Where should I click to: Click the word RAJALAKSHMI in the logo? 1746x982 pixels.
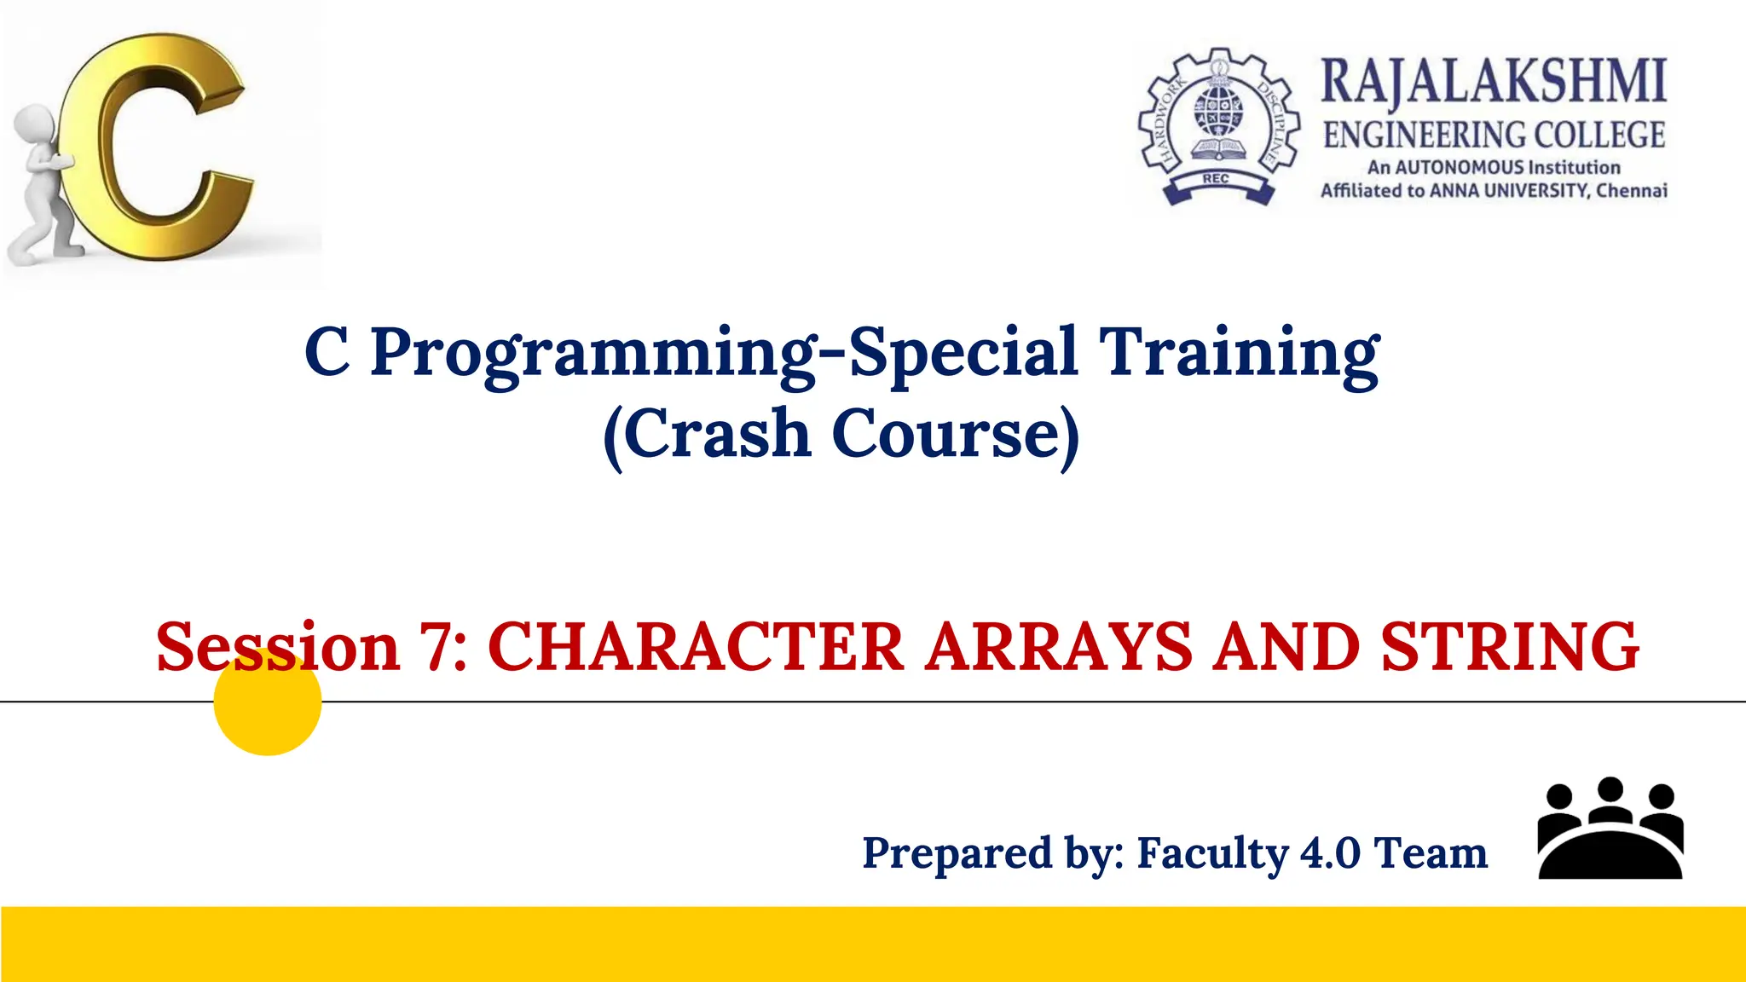click(x=1493, y=82)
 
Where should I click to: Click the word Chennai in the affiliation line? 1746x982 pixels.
click(x=1632, y=190)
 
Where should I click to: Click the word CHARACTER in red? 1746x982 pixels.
click(x=695, y=646)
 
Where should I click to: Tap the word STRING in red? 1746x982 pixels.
click(x=1509, y=646)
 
